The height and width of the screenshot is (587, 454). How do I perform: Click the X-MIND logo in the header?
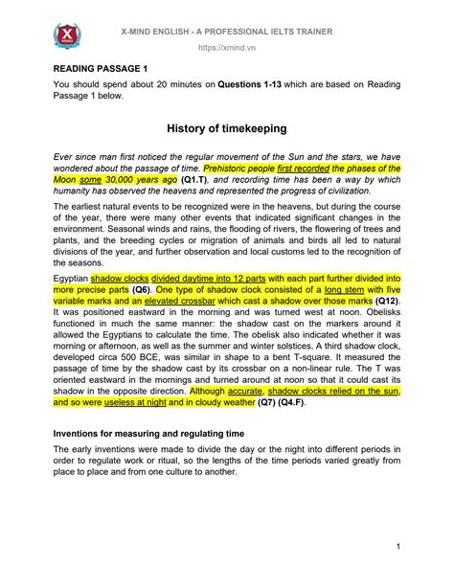(x=68, y=38)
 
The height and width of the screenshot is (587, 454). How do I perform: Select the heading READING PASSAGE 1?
(x=101, y=69)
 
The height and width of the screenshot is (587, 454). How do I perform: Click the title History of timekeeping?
(x=227, y=126)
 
